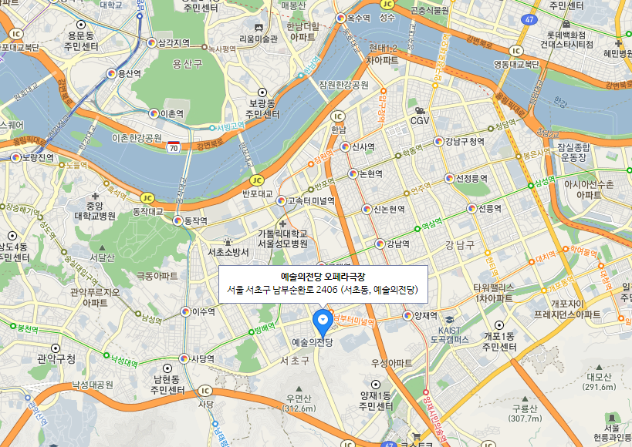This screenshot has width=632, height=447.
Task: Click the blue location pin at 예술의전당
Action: [x=322, y=318]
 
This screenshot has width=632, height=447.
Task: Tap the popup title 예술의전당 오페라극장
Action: [x=323, y=276]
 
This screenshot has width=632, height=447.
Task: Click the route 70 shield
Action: [x=174, y=146]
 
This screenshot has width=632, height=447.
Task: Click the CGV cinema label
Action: [x=420, y=120]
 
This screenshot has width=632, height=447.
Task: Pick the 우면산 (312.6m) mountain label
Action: [x=296, y=403]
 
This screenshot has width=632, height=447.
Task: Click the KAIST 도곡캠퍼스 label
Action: [x=449, y=334]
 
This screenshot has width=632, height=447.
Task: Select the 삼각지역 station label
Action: [x=173, y=42]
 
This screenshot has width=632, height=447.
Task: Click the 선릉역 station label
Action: [x=489, y=209]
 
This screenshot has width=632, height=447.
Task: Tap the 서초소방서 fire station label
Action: [x=228, y=252]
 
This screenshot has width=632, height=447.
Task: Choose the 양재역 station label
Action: [x=425, y=315]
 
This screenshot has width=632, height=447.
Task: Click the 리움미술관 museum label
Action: [x=258, y=39]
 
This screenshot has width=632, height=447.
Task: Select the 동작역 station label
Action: [x=194, y=220]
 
